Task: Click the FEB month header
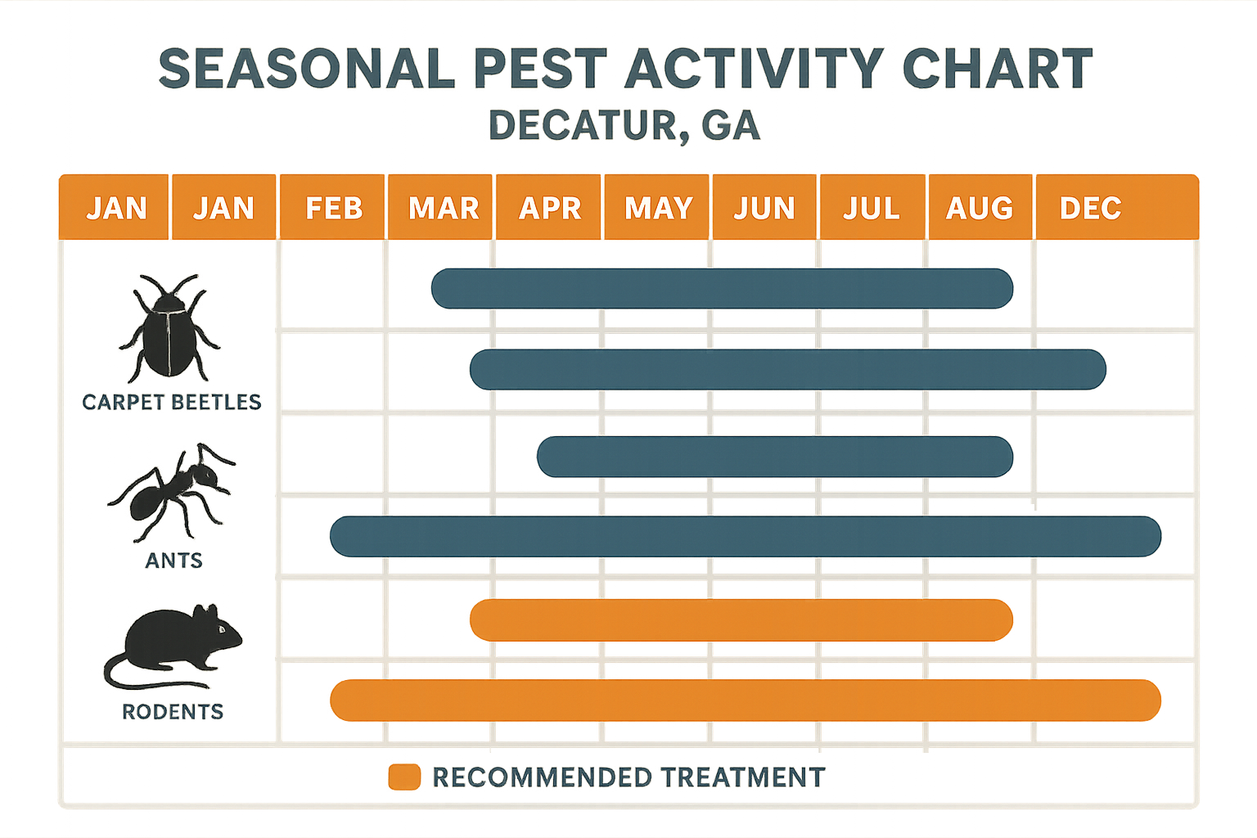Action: (333, 208)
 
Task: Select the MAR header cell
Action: (443, 208)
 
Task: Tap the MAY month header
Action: (658, 208)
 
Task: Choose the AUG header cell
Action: (980, 208)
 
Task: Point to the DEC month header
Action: (1091, 208)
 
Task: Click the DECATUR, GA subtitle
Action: (624, 126)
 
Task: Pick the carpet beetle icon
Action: (169, 329)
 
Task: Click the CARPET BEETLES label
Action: (172, 402)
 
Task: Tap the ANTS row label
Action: (173, 561)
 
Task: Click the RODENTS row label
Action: (173, 712)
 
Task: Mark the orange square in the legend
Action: (404, 777)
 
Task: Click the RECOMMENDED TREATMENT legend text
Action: (628, 777)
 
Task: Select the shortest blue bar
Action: (774, 457)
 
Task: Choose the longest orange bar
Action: (745, 701)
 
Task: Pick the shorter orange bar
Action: (741, 620)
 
